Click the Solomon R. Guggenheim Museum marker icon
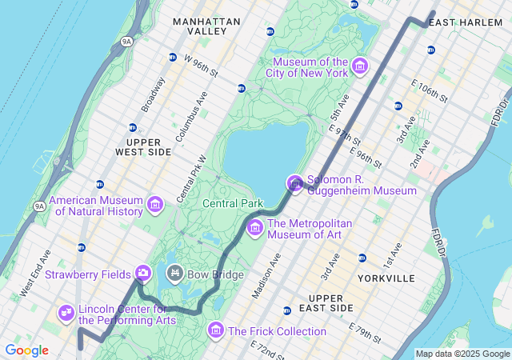coord(295,185)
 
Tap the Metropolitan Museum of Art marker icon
coord(255,228)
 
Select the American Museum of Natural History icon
coord(156,206)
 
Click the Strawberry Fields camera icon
coord(143,274)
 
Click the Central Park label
coord(233,203)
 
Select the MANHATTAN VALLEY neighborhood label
coord(206,26)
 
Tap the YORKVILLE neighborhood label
coord(387,278)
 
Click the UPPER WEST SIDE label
coord(143,146)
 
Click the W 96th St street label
coord(201,65)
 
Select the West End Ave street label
coord(35,274)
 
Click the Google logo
coord(26,350)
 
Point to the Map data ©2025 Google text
coord(462,354)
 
